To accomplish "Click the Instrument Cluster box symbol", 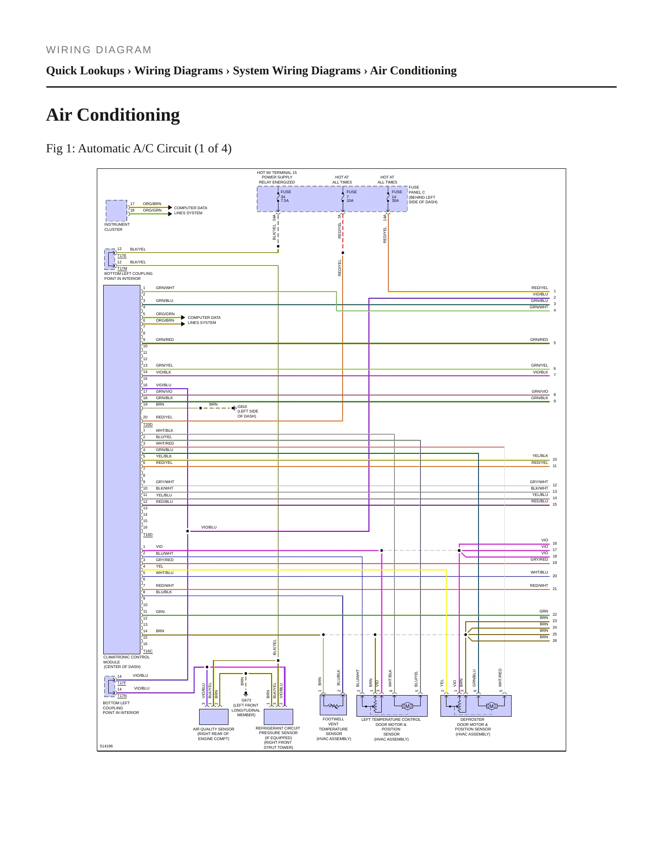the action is (117, 211).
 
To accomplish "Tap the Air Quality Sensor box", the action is (214, 717).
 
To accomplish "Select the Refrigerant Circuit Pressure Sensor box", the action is (279, 717).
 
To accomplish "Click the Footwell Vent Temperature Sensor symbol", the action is (333, 705).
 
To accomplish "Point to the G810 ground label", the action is (242, 407).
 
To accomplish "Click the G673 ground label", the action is (246, 700).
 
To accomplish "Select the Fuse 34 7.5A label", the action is (285, 196).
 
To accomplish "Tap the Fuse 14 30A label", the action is (396, 196).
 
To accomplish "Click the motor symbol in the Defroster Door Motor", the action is (491, 706).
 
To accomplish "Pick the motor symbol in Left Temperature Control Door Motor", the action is (407, 706).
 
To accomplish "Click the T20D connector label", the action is (148, 424).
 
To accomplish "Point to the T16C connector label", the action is (148, 651).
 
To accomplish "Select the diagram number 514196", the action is (106, 746).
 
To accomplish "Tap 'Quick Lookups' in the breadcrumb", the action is (85, 71).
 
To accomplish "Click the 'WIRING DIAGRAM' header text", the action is (99, 50).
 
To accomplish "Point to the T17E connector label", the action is (122, 256).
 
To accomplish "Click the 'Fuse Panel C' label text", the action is (417, 190).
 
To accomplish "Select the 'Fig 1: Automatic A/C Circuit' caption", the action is (139, 149).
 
